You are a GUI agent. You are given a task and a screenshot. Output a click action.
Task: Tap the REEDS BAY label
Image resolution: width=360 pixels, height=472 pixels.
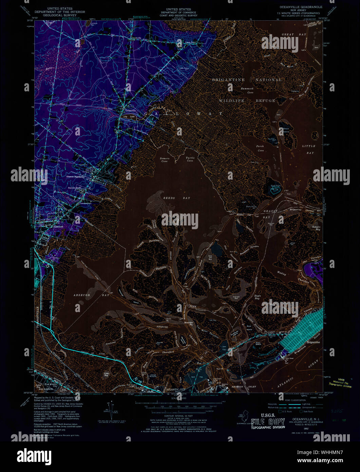[181, 198]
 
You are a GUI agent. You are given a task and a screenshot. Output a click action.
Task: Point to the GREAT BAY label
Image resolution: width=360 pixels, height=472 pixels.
[294, 35]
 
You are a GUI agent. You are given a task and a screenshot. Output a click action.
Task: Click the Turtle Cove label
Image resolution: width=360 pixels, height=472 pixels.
[189, 159]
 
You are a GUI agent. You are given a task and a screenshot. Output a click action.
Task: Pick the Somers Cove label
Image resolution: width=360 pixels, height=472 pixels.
[164, 159]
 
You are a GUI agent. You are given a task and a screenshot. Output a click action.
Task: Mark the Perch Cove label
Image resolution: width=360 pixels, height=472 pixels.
[260, 148]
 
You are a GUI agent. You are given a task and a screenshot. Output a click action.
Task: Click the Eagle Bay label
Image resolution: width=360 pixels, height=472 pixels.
[257, 297]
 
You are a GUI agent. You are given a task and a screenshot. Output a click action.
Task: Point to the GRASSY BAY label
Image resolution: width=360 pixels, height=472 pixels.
[271, 214]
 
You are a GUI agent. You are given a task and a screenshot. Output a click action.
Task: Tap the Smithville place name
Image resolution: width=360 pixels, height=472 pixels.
[136, 38]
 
